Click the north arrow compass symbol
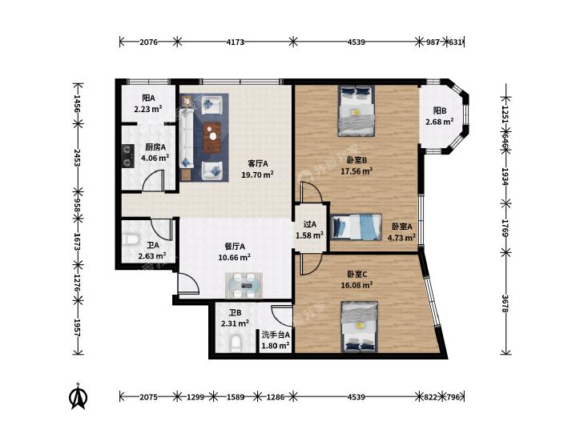(79, 396)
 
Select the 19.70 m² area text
(258, 174)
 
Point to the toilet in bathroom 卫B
(236, 343)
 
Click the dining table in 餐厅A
(244, 286)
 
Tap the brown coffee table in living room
(212, 137)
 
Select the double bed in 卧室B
(356, 111)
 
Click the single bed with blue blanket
(356, 227)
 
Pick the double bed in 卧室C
(360, 327)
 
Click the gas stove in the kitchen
(127, 156)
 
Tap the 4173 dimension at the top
(236, 42)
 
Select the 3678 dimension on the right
(505, 303)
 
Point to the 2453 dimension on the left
(78, 158)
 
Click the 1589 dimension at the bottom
(236, 397)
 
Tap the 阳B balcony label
(440, 111)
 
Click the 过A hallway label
(309, 224)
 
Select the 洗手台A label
(276, 335)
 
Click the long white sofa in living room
(186, 137)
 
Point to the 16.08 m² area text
(356, 285)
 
